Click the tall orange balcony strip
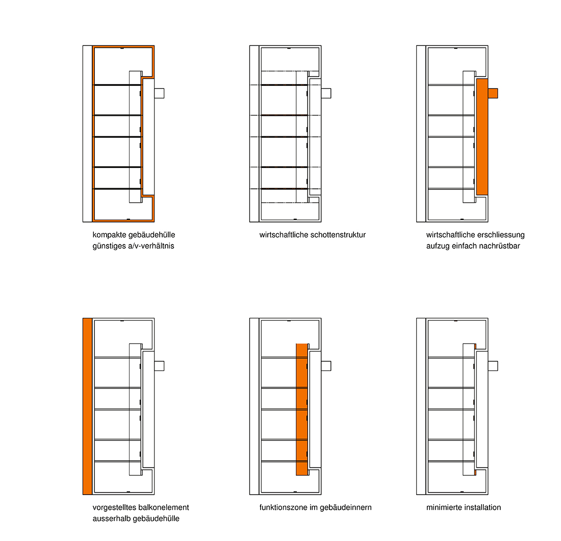(x=87, y=406)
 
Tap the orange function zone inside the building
(x=301, y=410)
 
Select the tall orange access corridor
(x=482, y=137)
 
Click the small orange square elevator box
(x=493, y=93)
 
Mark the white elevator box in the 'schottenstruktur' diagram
(x=326, y=93)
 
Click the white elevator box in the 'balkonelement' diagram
(x=159, y=366)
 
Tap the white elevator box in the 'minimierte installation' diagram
(x=493, y=366)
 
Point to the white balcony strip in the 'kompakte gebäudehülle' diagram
(x=87, y=134)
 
